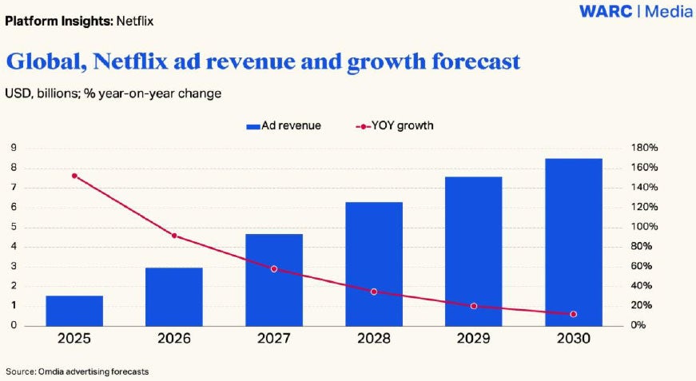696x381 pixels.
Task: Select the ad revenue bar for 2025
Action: pos(74,311)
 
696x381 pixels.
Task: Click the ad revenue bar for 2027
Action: pos(274,280)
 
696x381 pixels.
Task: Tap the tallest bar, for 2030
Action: pos(574,242)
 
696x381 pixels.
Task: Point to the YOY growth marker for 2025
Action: pos(74,176)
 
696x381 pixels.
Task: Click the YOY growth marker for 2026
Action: pos(174,236)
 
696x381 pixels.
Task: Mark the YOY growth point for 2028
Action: pos(374,292)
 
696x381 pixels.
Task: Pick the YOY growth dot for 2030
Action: pos(574,314)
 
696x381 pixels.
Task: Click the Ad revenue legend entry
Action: pos(284,125)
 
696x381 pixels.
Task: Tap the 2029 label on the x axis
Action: pos(474,339)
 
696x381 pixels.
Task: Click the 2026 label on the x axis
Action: pos(174,339)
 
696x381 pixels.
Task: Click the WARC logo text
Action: pos(607,12)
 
